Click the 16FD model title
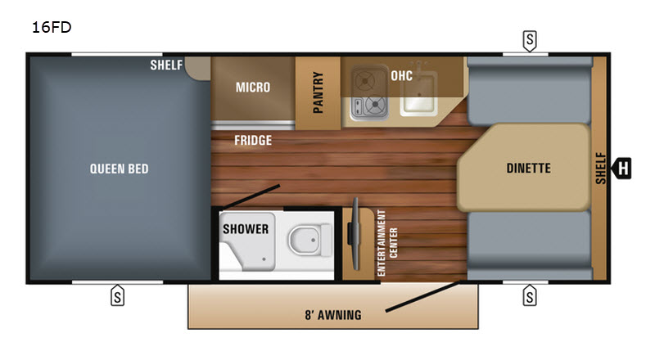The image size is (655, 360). (52, 28)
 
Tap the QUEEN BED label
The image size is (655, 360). (119, 169)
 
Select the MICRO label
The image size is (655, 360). (253, 88)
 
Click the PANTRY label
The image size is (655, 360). (318, 92)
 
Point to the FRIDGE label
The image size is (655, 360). (253, 141)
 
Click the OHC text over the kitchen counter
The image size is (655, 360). (401, 76)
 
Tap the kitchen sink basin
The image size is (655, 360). (418, 93)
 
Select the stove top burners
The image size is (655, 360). (369, 93)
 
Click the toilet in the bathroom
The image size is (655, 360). (309, 240)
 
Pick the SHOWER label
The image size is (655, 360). (246, 229)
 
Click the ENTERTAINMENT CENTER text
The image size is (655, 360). (387, 243)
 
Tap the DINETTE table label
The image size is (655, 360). (528, 169)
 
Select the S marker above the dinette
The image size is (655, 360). (530, 41)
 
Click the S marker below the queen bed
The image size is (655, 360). (117, 295)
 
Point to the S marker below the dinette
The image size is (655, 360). (530, 295)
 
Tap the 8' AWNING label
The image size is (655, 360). (333, 315)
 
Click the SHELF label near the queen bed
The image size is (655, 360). (166, 65)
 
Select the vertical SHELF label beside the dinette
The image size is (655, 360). (601, 169)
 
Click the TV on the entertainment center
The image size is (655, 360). (355, 234)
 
